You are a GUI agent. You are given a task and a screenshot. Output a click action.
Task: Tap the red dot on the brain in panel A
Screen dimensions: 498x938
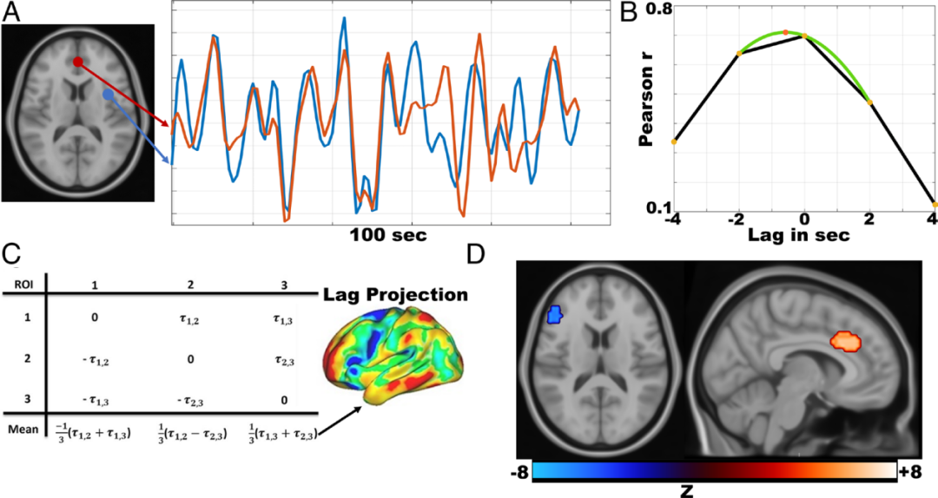[x=77, y=62]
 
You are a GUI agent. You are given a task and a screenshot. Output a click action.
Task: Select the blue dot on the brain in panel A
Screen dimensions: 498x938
[x=107, y=93]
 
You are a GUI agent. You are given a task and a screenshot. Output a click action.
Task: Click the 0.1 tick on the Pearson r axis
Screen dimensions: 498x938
[x=660, y=207]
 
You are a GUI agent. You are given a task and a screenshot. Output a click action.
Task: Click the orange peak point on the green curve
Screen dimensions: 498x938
[x=785, y=33]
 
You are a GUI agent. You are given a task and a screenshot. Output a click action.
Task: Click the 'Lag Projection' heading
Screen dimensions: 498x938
[x=396, y=295]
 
